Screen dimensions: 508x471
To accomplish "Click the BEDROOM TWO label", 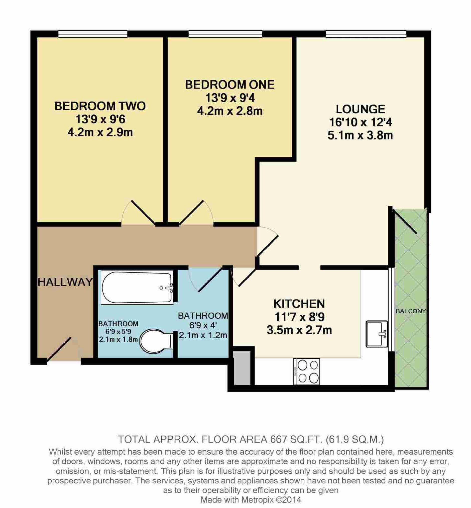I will [100, 106].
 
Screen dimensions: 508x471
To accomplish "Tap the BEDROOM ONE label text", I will [230, 85].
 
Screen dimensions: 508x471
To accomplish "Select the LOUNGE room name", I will [360, 109].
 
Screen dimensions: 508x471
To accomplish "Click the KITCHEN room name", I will [299, 304].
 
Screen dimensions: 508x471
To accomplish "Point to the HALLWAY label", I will [65, 282].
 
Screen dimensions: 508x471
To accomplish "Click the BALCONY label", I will [411, 311].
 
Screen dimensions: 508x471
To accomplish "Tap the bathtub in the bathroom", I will [137, 287].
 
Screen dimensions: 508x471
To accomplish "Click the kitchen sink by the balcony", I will [377, 334].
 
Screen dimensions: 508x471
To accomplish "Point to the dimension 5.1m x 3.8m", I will [360, 135].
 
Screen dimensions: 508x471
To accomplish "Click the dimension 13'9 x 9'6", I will [100, 119].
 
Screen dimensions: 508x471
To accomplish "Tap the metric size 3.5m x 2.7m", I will [299, 330].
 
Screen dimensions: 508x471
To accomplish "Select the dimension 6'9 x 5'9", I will [118, 331].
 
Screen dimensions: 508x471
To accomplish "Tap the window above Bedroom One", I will [225, 34].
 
